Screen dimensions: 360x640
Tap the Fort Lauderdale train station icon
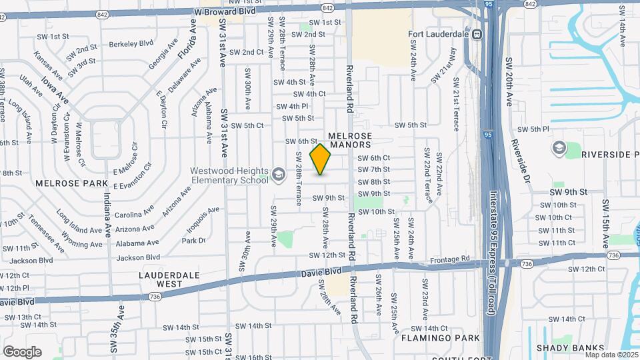(477, 35)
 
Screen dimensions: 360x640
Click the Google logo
(22, 351)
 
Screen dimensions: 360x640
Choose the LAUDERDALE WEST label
(161, 279)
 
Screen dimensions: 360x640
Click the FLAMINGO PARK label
(441, 338)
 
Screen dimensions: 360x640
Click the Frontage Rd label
(451, 259)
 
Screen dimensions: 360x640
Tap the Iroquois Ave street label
(203, 219)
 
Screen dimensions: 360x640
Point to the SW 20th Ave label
(509, 82)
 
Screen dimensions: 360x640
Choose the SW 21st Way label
(444, 66)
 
